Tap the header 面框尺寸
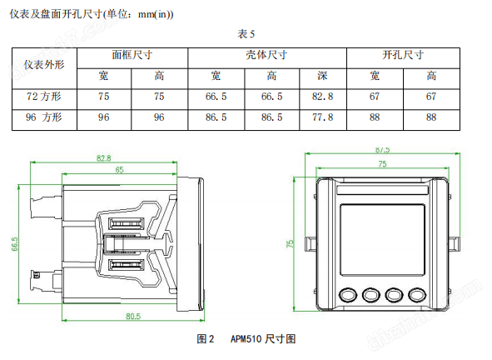pos(132,55)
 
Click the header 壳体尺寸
pos(266,55)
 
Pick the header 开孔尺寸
pos(403,55)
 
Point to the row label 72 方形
pos(44,97)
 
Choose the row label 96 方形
pos(44,117)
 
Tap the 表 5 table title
pos(246,34)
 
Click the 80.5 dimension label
pos(133,316)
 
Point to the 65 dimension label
pos(120,170)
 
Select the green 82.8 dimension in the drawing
pos(104,158)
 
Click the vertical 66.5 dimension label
pos(15,244)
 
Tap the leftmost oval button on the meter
pos(348,295)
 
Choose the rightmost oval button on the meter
pos(417,295)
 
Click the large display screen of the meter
pos(382,240)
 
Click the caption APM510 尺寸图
pos(263,339)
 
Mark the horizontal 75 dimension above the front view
pos(382,164)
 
